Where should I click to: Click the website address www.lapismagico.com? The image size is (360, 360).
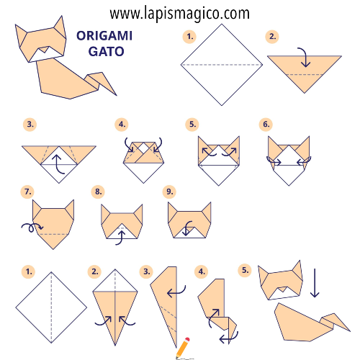[180, 13]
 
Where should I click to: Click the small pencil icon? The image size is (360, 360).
[183, 346]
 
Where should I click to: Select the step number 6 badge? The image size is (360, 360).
[267, 124]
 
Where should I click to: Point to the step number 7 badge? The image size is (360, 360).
[28, 192]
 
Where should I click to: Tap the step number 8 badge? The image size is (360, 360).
[98, 192]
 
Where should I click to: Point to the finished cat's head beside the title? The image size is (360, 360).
[37, 45]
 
